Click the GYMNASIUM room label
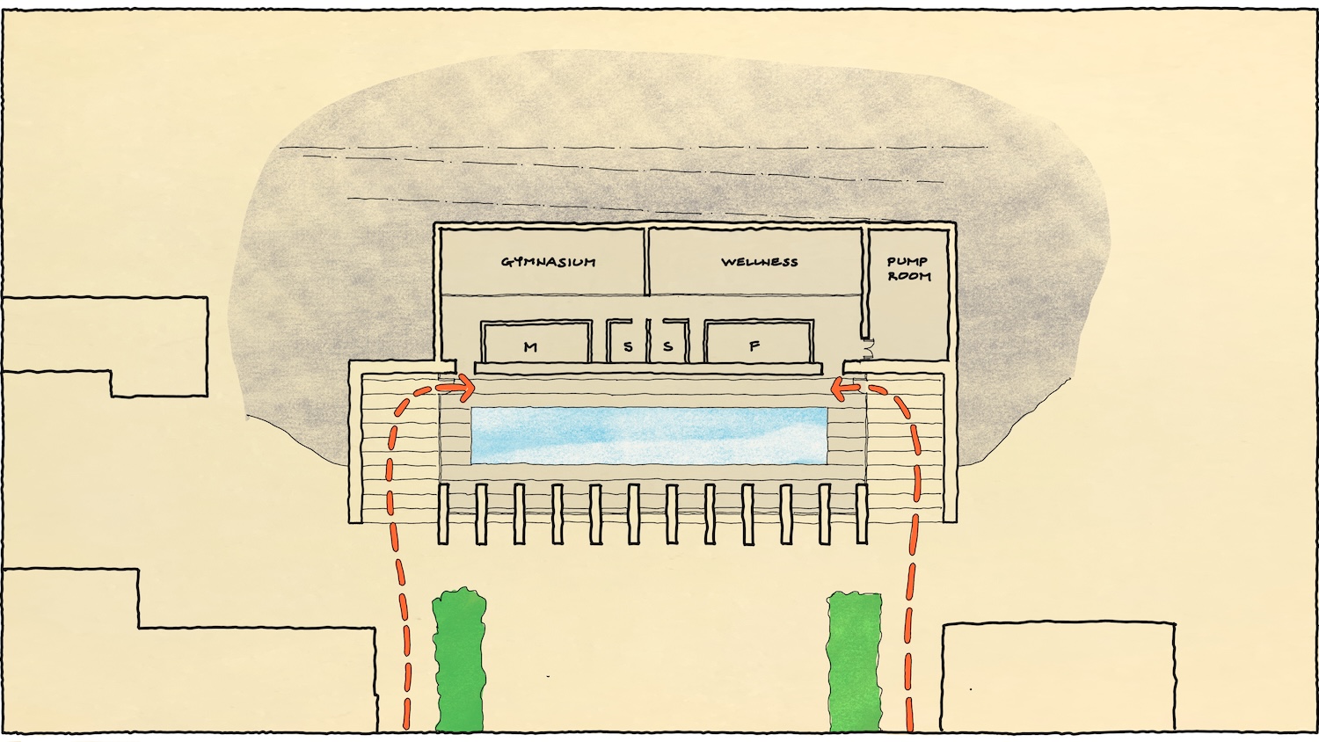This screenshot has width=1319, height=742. (548, 262)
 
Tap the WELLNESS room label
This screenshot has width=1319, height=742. (760, 262)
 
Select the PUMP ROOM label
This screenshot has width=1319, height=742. (908, 269)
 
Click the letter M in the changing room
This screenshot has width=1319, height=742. (530, 347)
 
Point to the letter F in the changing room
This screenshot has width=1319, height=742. (754, 347)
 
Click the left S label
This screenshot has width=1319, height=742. (628, 347)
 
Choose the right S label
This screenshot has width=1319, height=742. (668, 347)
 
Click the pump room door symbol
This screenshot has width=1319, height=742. (866, 351)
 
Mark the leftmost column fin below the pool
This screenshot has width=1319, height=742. (443, 513)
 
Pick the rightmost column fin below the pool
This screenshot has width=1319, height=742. (862, 513)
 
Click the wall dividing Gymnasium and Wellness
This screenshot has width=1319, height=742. (647, 261)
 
